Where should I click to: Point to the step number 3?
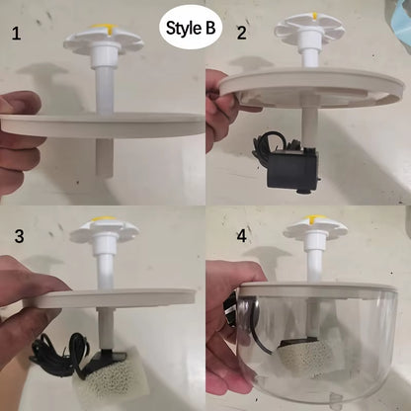click(x=19, y=236)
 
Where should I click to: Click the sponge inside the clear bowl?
click(x=297, y=361)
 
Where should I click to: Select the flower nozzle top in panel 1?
click(x=102, y=40)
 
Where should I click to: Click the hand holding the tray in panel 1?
click(x=17, y=138)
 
